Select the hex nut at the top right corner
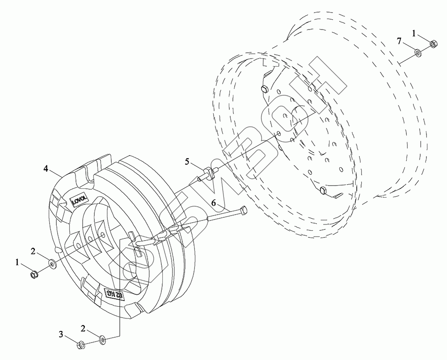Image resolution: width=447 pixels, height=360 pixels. pos(433,44)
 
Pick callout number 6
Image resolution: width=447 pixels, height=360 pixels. pos(214,203)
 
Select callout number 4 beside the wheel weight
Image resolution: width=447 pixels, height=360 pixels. pos(46,168)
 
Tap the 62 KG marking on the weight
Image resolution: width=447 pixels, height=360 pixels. pos(114,294)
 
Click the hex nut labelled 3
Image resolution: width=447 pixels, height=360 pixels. pos(82,344)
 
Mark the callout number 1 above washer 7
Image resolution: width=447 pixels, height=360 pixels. pos(414,33)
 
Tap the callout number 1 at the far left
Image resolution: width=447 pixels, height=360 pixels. pos(18,263)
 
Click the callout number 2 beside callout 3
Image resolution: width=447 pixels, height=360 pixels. pos(83,328)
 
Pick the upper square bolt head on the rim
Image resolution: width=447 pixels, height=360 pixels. pos(264,89)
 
